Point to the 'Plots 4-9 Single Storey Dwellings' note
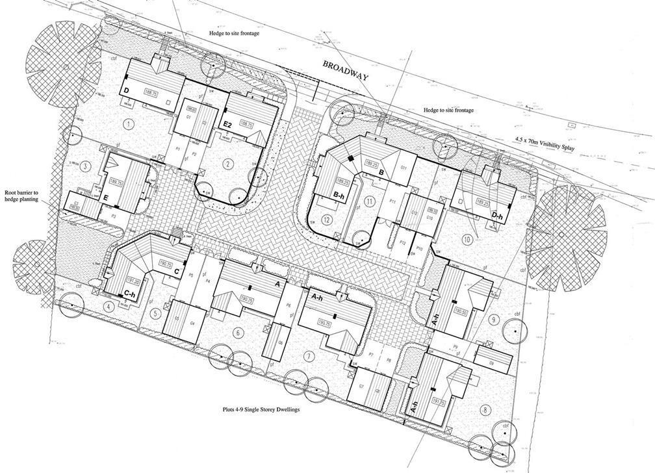tap(264, 411)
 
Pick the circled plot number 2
tap(227, 164)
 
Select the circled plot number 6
tap(238, 333)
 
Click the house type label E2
tap(227, 124)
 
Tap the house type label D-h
tap(498, 215)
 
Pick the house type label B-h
tap(339, 194)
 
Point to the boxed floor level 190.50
tap(461, 312)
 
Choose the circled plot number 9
tap(495, 319)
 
